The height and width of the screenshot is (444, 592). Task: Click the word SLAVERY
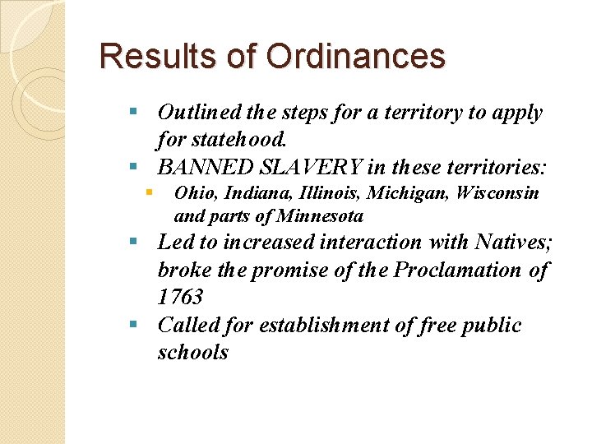pyautogui.click(x=309, y=168)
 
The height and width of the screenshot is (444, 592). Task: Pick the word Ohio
pyautogui.click(x=193, y=193)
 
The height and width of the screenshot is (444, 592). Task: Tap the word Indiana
pyautogui.click(x=252, y=193)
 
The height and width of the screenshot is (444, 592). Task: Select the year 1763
pyautogui.click(x=180, y=298)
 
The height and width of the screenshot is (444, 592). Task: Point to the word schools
pyautogui.click(x=192, y=354)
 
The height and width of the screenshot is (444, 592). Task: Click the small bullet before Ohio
pyautogui.click(x=149, y=192)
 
